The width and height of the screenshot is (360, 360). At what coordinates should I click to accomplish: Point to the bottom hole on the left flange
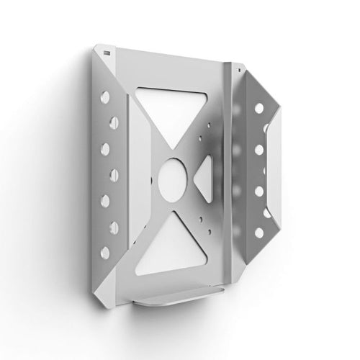102,253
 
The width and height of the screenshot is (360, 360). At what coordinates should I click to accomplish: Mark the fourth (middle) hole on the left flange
105,174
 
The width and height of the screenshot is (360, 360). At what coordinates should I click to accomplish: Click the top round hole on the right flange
254,104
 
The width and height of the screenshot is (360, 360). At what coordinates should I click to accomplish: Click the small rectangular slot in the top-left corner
107,53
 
